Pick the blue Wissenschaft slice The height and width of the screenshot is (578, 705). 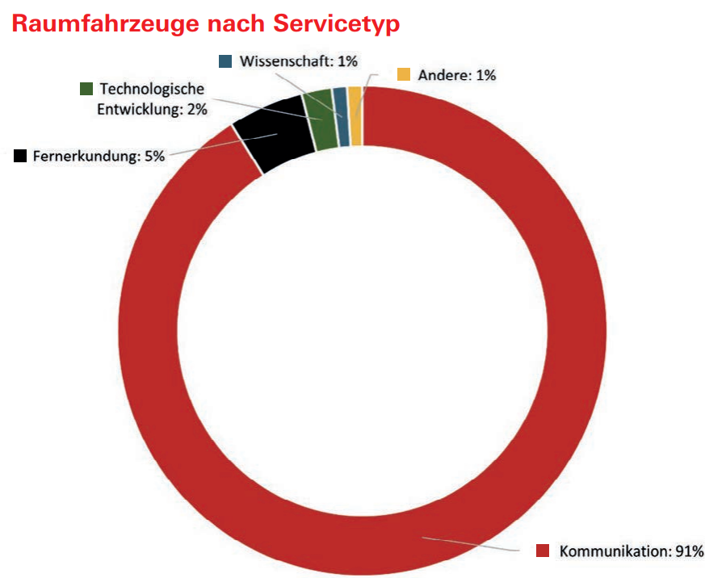click(342, 116)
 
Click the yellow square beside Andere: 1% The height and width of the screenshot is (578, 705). click(404, 75)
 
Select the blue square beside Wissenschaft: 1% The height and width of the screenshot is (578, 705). click(226, 61)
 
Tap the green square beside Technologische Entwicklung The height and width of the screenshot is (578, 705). click(87, 89)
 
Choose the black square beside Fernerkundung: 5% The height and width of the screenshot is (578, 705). click(21, 156)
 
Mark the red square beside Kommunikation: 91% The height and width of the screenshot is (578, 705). click(543, 551)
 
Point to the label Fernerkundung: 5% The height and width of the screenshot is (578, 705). click(99, 157)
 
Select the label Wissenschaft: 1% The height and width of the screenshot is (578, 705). click(299, 62)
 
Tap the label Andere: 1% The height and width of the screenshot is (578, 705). click(456, 76)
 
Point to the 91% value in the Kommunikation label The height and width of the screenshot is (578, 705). click(687, 551)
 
